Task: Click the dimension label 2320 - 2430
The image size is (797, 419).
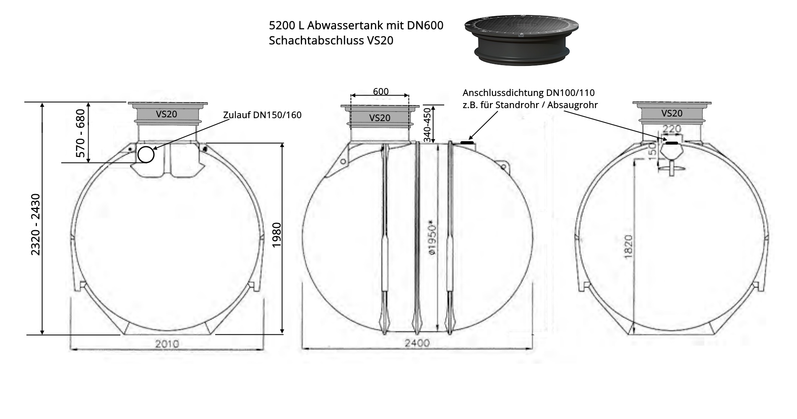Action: coord(36,224)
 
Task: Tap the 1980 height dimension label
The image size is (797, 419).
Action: coord(276,235)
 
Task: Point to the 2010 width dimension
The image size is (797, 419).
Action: coord(167,344)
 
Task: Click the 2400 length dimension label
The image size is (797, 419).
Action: coord(417,343)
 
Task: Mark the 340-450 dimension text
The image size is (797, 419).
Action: coord(427,124)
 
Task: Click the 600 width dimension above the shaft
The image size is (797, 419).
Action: coord(380,91)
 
